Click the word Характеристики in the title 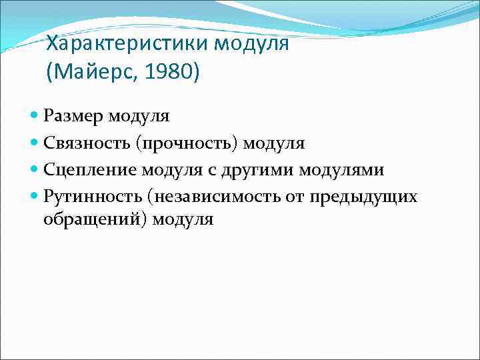(x=127, y=44)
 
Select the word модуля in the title (x=251, y=44)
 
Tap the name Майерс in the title (x=90, y=71)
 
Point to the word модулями (x=341, y=170)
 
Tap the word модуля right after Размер (x=141, y=117)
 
